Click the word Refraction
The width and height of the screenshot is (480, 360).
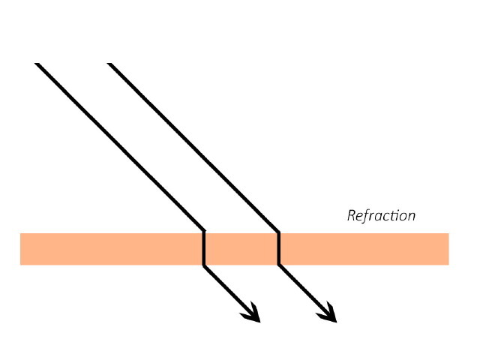click(381, 216)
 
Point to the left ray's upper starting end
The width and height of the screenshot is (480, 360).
click(37, 64)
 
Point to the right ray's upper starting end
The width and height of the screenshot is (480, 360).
click(110, 64)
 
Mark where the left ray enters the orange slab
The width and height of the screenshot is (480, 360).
click(204, 233)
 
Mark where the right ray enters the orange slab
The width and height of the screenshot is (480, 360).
click(279, 233)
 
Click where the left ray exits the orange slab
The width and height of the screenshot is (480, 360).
click(204, 265)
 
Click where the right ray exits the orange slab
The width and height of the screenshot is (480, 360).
click(279, 265)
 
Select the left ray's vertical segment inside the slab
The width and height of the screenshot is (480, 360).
click(204, 249)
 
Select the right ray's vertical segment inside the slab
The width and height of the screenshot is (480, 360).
click(279, 249)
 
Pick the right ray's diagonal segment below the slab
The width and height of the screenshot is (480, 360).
click(301, 288)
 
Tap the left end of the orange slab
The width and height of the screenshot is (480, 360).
click(22, 249)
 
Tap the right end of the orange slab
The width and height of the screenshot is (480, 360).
click(446, 249)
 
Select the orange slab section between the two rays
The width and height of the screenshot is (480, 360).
click(241, 249)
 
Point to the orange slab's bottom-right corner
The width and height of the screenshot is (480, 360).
click(448, 264)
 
